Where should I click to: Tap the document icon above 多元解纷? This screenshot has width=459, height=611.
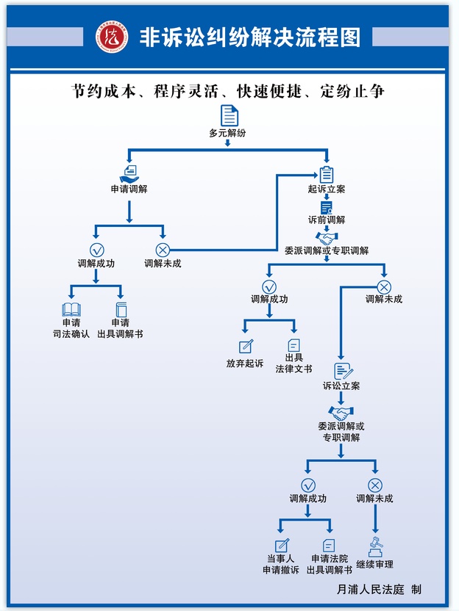pos(230,115)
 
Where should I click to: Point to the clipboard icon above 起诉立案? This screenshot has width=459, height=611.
pos(327,174)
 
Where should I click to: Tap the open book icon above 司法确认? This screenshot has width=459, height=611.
pos(71,309)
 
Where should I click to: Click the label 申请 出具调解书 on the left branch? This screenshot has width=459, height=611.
pos(120,328)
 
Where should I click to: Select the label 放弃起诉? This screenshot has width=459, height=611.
pos(245,364)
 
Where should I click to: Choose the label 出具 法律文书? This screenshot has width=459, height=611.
pos(293,364)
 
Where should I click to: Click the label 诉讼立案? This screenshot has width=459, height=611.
pos(341,386)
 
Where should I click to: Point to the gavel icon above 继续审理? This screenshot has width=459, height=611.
pos(375,548)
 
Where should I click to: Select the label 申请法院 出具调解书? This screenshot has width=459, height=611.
pos(329,564)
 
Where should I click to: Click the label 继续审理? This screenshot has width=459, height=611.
pos(375,564)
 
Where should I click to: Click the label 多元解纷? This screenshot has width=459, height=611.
pos(227,133)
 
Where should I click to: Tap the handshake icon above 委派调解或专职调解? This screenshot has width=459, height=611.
pos(327,238)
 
